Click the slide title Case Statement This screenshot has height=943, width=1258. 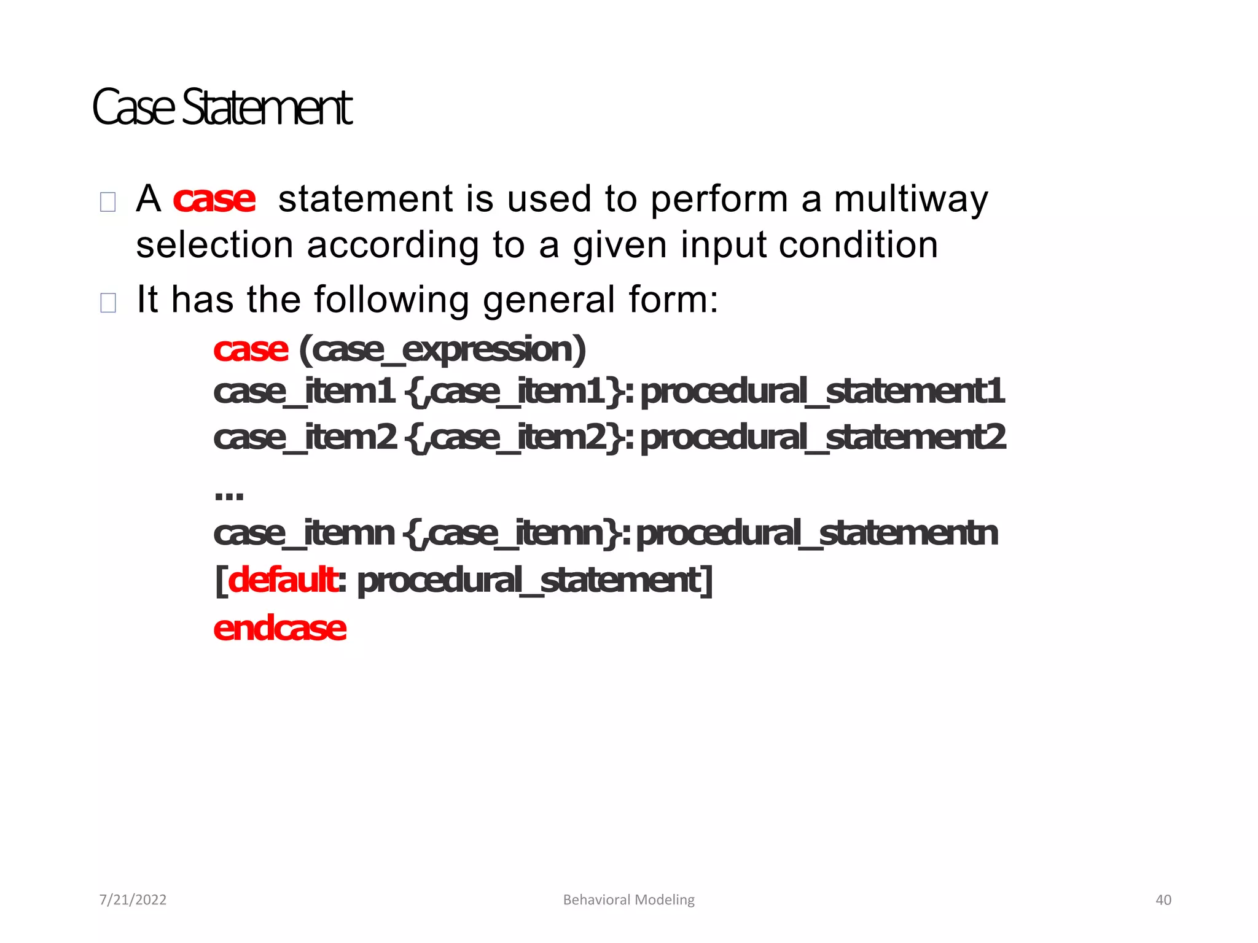(x=222, y=107)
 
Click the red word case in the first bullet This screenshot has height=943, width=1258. (x=214, y=200)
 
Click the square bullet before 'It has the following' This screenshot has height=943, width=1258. (x=108, y=302)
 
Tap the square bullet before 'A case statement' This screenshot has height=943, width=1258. (x=108, y=202)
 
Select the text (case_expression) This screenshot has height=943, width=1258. (x=442, y=350)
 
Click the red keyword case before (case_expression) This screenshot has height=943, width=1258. (x=251, y=350)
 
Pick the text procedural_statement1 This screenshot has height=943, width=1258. (x=822, y=392)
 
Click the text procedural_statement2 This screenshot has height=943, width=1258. (x=822, y=438)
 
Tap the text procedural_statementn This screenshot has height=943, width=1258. (x=816, y=533)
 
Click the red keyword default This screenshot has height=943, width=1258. (x=282, y=580)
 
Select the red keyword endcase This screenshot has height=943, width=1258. (x=280, y=629)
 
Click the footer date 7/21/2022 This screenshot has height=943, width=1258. (x=133, y=900)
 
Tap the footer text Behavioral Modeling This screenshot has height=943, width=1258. (x=628, y=900)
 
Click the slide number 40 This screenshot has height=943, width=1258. (x=1163, y=900)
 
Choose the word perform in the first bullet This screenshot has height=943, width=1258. (x=719, y=200)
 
